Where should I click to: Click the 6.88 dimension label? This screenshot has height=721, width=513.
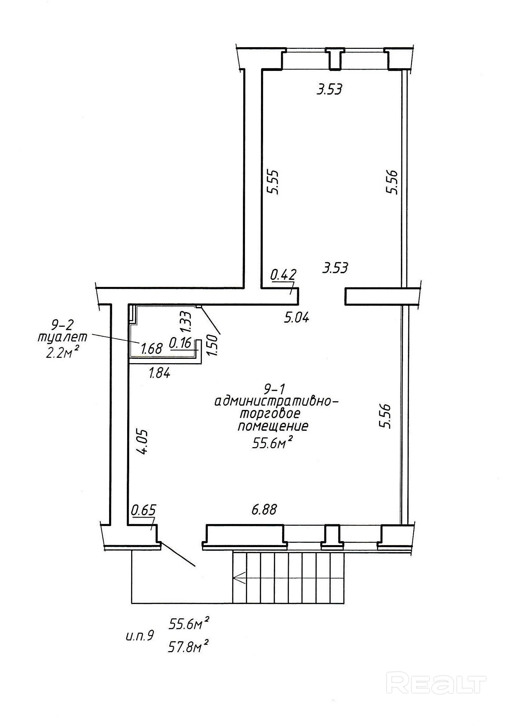264,510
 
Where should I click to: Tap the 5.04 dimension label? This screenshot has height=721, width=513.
296,317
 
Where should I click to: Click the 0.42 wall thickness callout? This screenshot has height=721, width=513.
283,275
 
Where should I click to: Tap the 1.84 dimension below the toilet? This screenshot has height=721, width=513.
160,372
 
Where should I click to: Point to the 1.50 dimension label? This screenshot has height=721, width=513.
212,345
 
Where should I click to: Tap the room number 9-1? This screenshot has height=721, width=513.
274,389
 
